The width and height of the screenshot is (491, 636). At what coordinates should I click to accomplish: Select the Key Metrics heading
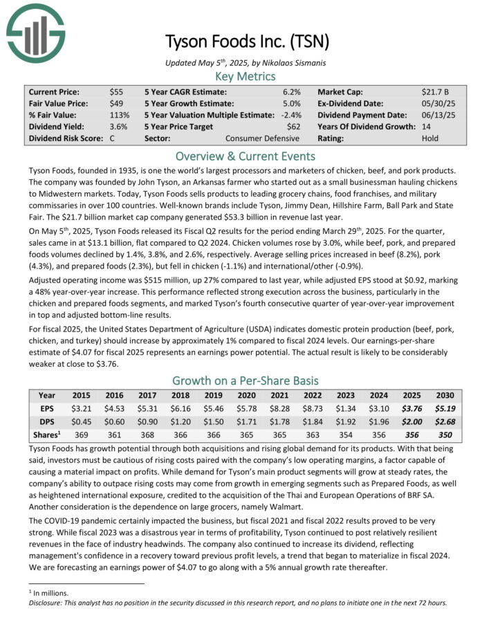(245, 76)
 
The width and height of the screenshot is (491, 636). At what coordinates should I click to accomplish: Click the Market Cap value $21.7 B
(436, 91)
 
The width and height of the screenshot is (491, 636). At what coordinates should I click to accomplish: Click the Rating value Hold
(430, 138)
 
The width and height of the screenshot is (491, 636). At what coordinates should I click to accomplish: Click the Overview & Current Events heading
(245, 155)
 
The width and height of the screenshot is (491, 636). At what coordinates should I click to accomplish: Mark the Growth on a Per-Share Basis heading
(245, 380)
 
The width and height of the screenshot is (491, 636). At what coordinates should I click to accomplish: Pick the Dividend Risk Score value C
(112, 138)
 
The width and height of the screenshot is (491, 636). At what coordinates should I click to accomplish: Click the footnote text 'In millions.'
(50, 593)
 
